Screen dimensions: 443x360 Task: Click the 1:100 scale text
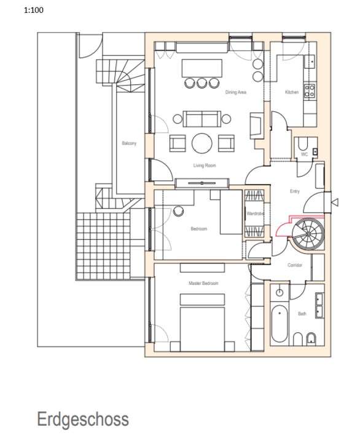tap(34, 10)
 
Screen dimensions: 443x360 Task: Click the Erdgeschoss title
tap(83, 420)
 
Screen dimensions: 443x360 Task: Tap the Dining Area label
tap(235, 92)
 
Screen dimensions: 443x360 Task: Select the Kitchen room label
tap(292, 92)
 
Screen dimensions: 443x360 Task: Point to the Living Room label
tap(204, 166)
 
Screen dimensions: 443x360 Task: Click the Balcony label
tap(129, 143)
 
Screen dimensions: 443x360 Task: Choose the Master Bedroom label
tap(203, 283)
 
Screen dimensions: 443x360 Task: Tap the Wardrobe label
tap(255, 214)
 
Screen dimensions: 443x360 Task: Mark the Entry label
tap(295, 191)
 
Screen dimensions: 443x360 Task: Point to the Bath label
tap(302, 314)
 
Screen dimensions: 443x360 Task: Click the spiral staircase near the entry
tap(305, 234)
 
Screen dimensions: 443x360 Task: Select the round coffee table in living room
tap(202, 143)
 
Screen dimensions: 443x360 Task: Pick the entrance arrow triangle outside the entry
tap(334, 202)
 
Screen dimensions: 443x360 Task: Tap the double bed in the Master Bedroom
tap(203, 320)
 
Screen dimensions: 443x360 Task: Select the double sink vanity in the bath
tap(319, 306)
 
